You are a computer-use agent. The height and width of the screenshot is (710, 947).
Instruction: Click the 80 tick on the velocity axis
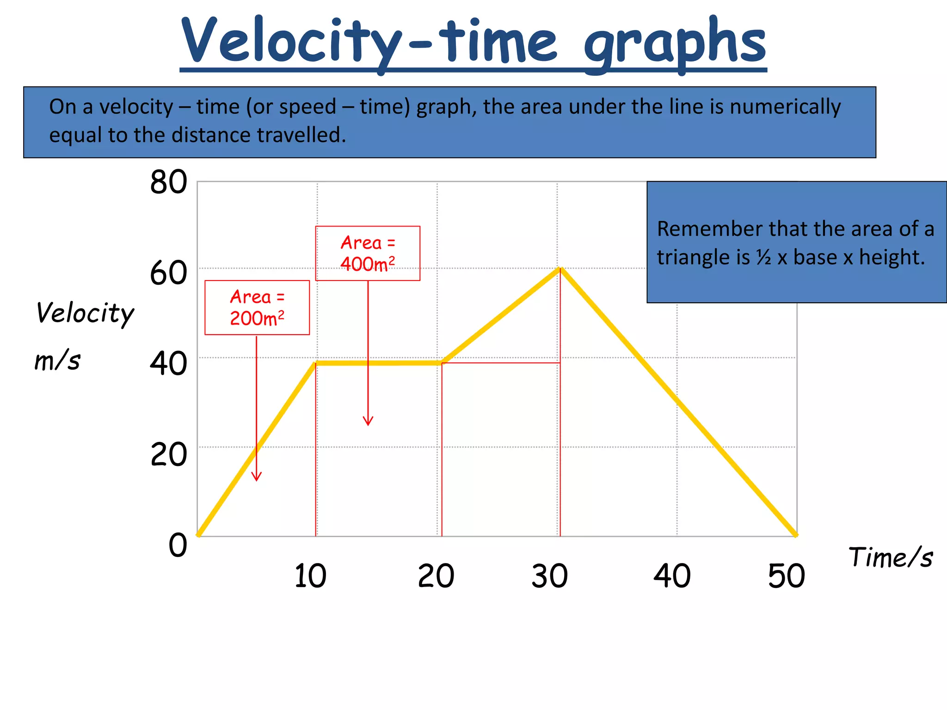click(168, 182)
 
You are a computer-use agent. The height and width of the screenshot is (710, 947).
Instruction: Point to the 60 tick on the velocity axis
click(168, 273)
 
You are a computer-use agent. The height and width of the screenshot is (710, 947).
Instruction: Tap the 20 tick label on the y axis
click(168, 454)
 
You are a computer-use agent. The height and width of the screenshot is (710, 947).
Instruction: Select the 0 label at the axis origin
click(178, 545)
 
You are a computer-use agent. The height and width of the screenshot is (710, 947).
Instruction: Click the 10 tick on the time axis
click(310, 576)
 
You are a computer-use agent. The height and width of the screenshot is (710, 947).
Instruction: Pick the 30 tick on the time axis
click(549, 576)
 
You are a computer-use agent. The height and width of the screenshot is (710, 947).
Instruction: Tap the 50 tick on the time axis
click(786, 576)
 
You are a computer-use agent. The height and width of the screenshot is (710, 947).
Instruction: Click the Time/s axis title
click(891, 557)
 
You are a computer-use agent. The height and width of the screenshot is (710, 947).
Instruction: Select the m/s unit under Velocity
click(57, 361)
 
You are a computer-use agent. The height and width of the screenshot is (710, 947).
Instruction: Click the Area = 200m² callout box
click(257, 307)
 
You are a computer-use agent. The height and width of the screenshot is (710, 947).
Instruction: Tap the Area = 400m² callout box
click(368, 253)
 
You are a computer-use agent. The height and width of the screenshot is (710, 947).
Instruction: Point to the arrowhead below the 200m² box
click(257, 477)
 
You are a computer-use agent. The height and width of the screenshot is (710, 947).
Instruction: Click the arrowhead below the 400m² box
click(368, 421)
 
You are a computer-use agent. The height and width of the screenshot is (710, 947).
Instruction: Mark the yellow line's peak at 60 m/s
click(560, 269)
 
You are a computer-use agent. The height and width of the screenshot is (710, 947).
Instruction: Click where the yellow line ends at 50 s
click(795, 535)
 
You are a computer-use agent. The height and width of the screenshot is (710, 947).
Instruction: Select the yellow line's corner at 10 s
click(316, 363)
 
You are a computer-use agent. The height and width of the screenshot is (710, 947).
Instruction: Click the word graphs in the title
click(675, 43)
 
